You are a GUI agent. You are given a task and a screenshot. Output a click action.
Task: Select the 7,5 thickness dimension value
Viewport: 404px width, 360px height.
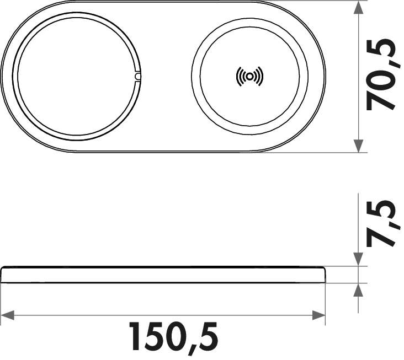[x=382, y=223]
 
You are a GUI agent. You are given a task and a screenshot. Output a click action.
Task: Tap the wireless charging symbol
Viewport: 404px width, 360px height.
[x=249, y=77]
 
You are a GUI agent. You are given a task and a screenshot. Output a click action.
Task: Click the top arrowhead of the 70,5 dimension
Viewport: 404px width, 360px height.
[x=359, y=8]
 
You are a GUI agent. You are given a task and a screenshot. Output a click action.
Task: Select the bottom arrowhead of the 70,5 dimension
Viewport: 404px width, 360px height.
[x=359, y=146]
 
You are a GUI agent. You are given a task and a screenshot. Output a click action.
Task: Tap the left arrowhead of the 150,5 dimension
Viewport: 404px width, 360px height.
[x=8, y=315]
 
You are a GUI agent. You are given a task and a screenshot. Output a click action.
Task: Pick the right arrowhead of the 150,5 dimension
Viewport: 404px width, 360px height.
[x=319, y=315]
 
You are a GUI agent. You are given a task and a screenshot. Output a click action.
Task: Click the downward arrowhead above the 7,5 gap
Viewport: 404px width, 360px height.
[x=359, y=260]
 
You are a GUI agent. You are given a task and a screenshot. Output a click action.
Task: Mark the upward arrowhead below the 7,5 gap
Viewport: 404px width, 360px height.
[x=359, y=290]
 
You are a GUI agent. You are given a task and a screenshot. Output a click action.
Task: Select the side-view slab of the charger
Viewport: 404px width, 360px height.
[x=163, y=275]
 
